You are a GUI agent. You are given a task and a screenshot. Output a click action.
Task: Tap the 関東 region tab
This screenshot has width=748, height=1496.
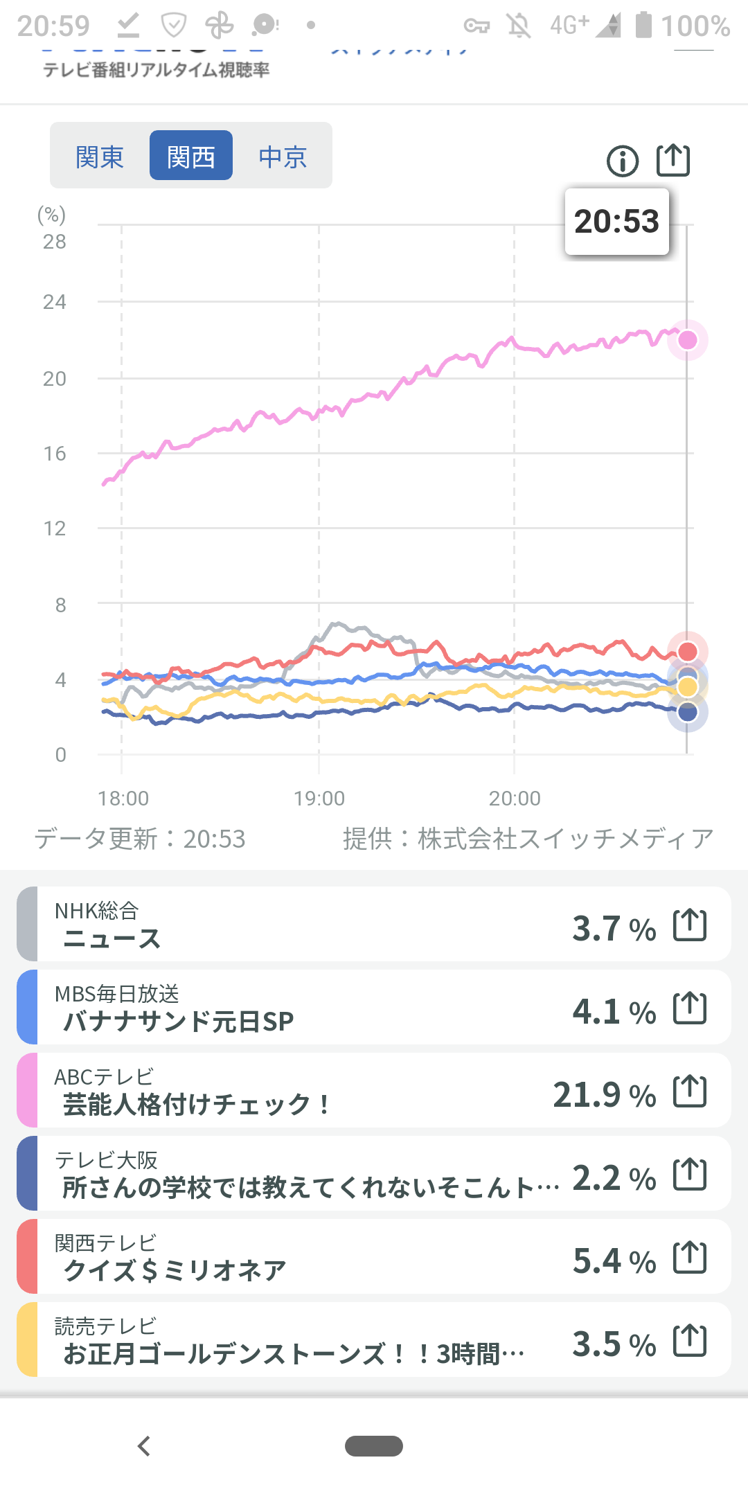(x=100, y=157)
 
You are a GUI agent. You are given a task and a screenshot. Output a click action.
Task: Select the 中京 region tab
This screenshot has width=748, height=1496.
(x=283, y=157)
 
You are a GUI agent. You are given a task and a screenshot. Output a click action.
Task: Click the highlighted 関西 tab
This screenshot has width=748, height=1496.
(x=191, y=156)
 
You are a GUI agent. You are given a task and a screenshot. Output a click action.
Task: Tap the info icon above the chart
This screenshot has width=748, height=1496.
(x=623, y=161)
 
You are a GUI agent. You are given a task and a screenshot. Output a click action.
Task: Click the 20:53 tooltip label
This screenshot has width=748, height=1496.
(x=616, y=222)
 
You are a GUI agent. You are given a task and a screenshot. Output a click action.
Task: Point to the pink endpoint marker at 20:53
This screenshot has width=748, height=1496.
(x=687, y=340)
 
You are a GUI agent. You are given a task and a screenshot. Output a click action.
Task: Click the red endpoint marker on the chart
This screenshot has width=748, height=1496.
(x=687, y=651)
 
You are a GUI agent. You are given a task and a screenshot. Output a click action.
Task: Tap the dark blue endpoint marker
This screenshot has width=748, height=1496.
(x=687, y=712)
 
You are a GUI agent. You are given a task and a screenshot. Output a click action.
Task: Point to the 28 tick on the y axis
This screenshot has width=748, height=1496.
(x=55, y=242)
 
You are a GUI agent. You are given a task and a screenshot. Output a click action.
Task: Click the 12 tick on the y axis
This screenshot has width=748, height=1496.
(x=55, y=528)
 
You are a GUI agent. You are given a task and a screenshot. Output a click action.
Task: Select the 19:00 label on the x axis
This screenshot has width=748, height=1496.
(x=319, y=799)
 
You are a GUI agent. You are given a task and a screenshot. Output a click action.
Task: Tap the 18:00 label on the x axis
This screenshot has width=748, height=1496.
(x=123, y=799)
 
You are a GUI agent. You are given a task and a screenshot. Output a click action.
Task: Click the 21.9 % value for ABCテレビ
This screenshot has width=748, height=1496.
(x=604, y=1095)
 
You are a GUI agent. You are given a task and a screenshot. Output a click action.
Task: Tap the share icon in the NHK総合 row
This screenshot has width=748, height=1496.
(x=690, y=925)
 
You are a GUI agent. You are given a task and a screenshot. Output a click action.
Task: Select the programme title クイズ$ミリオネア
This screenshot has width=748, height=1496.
(x=175, y=1270)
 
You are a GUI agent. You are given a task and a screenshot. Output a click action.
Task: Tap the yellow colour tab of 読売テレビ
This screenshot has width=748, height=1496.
(x=27, y=1339)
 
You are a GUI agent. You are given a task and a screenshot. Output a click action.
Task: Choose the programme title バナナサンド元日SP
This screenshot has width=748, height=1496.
(x=178, y=1021)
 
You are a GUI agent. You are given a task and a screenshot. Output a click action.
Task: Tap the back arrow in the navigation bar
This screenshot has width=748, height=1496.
(x=144, y=1446)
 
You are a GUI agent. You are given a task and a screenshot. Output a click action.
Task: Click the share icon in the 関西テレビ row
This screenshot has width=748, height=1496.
(x=690, y=1258)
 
